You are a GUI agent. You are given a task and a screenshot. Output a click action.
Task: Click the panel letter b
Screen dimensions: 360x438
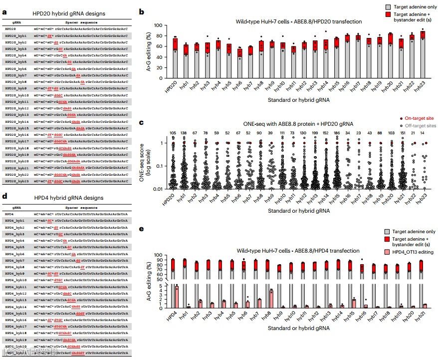point(142,11)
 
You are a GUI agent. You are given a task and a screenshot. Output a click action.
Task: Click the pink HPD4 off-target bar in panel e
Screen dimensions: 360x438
point(177,297)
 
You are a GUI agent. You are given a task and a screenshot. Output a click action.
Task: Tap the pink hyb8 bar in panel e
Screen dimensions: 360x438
point(271,299)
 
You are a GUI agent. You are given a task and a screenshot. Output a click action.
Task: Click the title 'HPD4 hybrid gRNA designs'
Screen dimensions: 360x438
point(67,198)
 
